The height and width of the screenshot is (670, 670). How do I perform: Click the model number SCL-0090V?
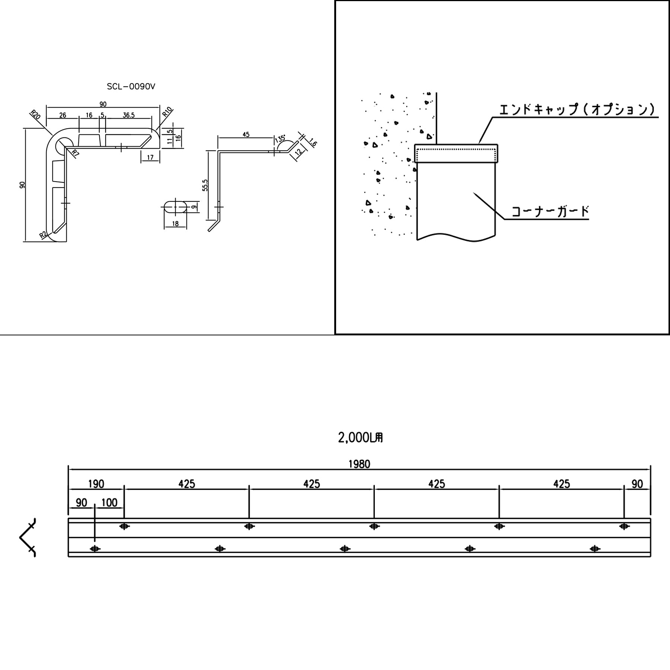(x=131, y=87)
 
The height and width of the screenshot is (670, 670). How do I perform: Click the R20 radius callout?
(x=35, y=114)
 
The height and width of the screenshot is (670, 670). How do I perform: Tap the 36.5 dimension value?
(x=128, y=115)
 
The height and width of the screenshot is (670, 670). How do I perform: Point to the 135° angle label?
(x=280, y=140)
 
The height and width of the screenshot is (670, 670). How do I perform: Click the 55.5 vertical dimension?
(x=205, y=185)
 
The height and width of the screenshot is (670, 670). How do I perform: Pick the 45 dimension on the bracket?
(x=246, y=134)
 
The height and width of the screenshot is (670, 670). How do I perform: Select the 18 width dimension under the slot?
(x=175, y=224)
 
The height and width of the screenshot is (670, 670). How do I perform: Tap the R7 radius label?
(x=75, y=153)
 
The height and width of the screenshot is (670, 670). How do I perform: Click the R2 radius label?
(x=43, y=234)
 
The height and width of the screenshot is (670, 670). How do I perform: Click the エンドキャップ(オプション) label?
(x=577, y=109)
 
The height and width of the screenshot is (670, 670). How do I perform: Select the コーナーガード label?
(x=550, y=211)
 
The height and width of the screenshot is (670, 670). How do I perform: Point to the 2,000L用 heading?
(x=360, y=438)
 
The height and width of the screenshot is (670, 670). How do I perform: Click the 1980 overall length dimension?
(x=359, y=464)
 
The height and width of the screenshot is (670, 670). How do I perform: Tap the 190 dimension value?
(x=96, y=484)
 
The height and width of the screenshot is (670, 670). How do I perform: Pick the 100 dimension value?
(x=109, y=503)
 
